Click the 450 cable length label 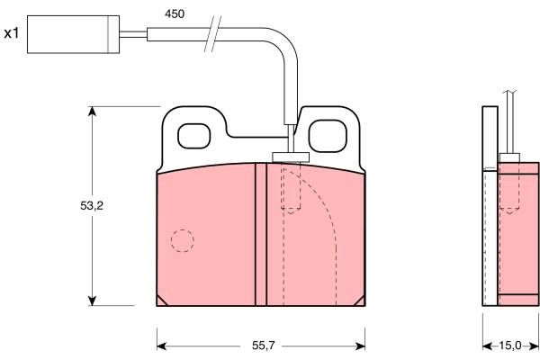[x=175, y=13]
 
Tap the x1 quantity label [x=12, y=33]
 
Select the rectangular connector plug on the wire [x=74, y=34]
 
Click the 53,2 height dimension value [x=92, y=206]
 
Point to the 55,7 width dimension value [x=264, y=346]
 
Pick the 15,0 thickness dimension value [x=510, y=346]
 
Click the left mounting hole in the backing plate [x=193, y=136]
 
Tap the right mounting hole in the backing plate [x=328, y=136]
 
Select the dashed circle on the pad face [x=183, y=240]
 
